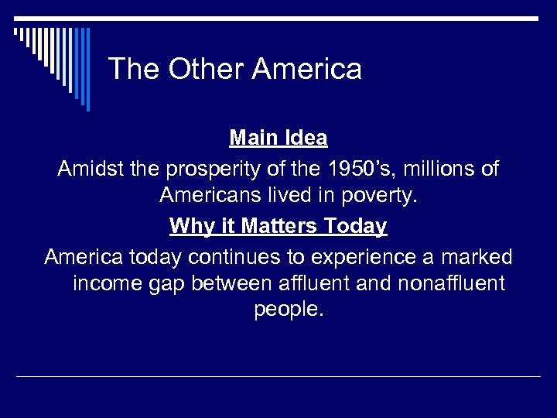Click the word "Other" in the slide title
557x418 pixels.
pyautogui.click(x=200, y=69)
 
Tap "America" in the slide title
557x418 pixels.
pyautogui.click(x=307, y=69)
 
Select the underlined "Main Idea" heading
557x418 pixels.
pyautogui.click(x=278, y=139)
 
